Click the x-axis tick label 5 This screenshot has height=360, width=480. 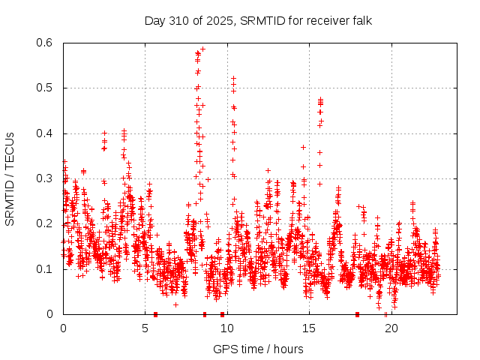[145, 328]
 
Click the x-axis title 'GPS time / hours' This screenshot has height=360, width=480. [258, 349]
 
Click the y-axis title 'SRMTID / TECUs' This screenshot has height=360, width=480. [10, 178]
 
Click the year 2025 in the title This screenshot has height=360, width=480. [221, 20]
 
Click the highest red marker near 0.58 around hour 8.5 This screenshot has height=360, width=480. [202, 49]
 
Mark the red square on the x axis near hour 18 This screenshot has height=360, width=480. [358, 314]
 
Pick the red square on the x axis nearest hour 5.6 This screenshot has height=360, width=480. [155, 314]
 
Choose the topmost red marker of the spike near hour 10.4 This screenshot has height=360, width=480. [233, 78]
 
